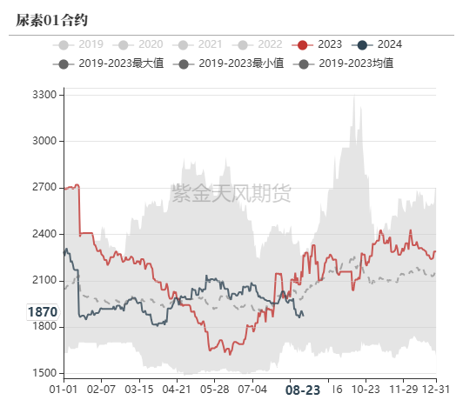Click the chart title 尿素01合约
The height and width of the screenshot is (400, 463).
point(52,19)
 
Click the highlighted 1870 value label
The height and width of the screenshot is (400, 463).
point(42,311)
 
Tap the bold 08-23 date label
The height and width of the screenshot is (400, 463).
point(303,390)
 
